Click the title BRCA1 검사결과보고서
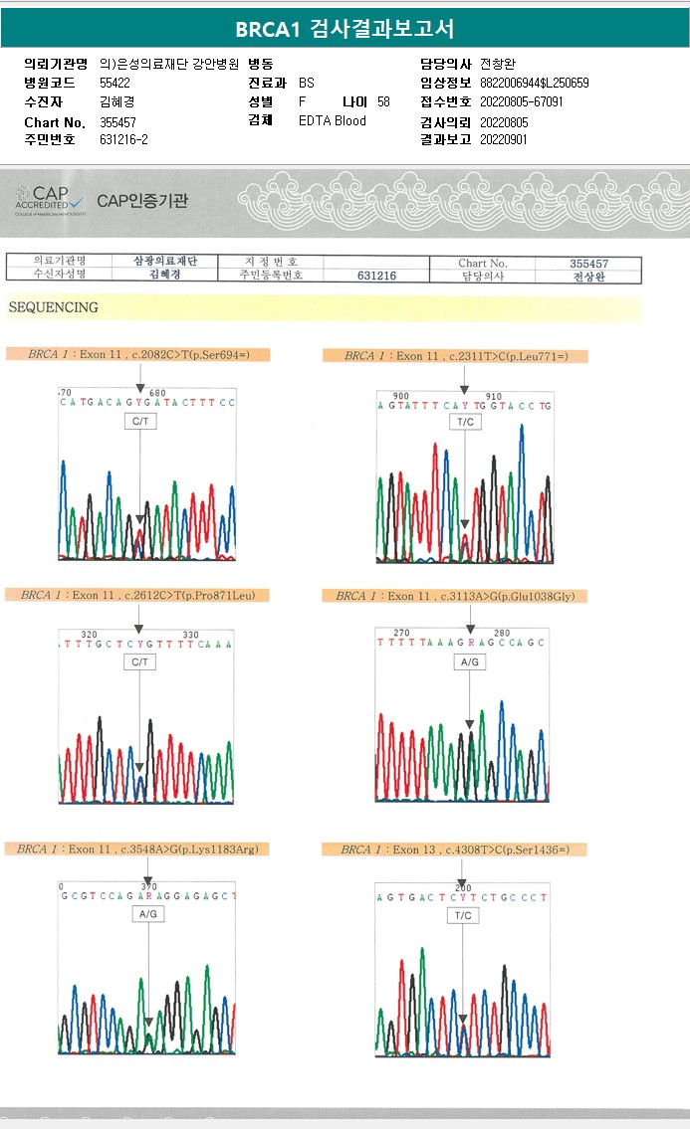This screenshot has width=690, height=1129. (x=345, y=29)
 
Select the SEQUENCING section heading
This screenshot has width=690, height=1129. (x=53, y=307)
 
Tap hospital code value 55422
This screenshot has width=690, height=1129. (x=115, y=83)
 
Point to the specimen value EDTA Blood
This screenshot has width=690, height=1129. (x=333, y=121)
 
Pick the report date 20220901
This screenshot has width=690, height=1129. (x=504, y=140)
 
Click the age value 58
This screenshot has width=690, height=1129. (x=384, y=102)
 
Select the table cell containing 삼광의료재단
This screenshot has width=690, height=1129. (x=165, y=262)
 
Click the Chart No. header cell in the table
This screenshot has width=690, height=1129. (x=483, y=264)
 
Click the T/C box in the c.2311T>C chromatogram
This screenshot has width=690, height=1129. (x=465, y=422)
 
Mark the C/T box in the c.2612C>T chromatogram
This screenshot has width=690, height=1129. (x=140, y=661)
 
